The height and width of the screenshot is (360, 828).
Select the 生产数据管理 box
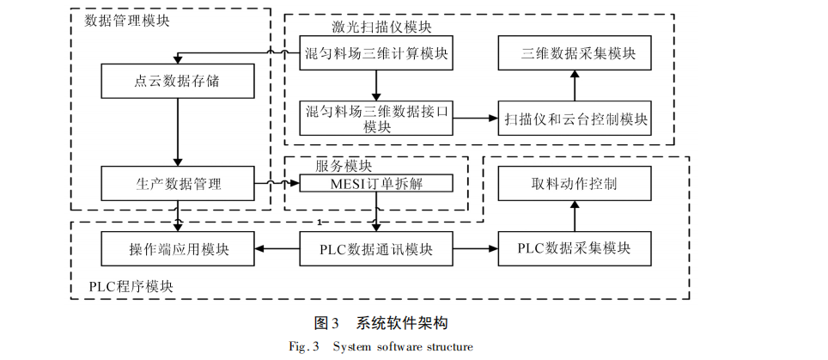point(178,183)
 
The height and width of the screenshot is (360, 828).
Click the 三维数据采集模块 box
point(575,53)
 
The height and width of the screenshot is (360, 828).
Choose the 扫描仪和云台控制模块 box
point(575,118)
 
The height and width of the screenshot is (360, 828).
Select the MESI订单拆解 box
point(376,183)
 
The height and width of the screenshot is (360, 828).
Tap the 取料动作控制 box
point(575,183)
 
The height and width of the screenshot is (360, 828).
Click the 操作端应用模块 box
point(178,249)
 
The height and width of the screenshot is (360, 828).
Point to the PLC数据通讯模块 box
point(376,249)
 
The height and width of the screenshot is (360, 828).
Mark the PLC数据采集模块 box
point(575,249)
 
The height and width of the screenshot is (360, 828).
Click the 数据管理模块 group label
point(127,21)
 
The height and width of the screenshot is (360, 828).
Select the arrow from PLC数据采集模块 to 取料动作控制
point(575,217)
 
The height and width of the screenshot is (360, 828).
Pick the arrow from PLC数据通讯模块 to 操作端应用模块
point(277,249)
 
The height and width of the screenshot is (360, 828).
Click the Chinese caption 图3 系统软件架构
point(381,323)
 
